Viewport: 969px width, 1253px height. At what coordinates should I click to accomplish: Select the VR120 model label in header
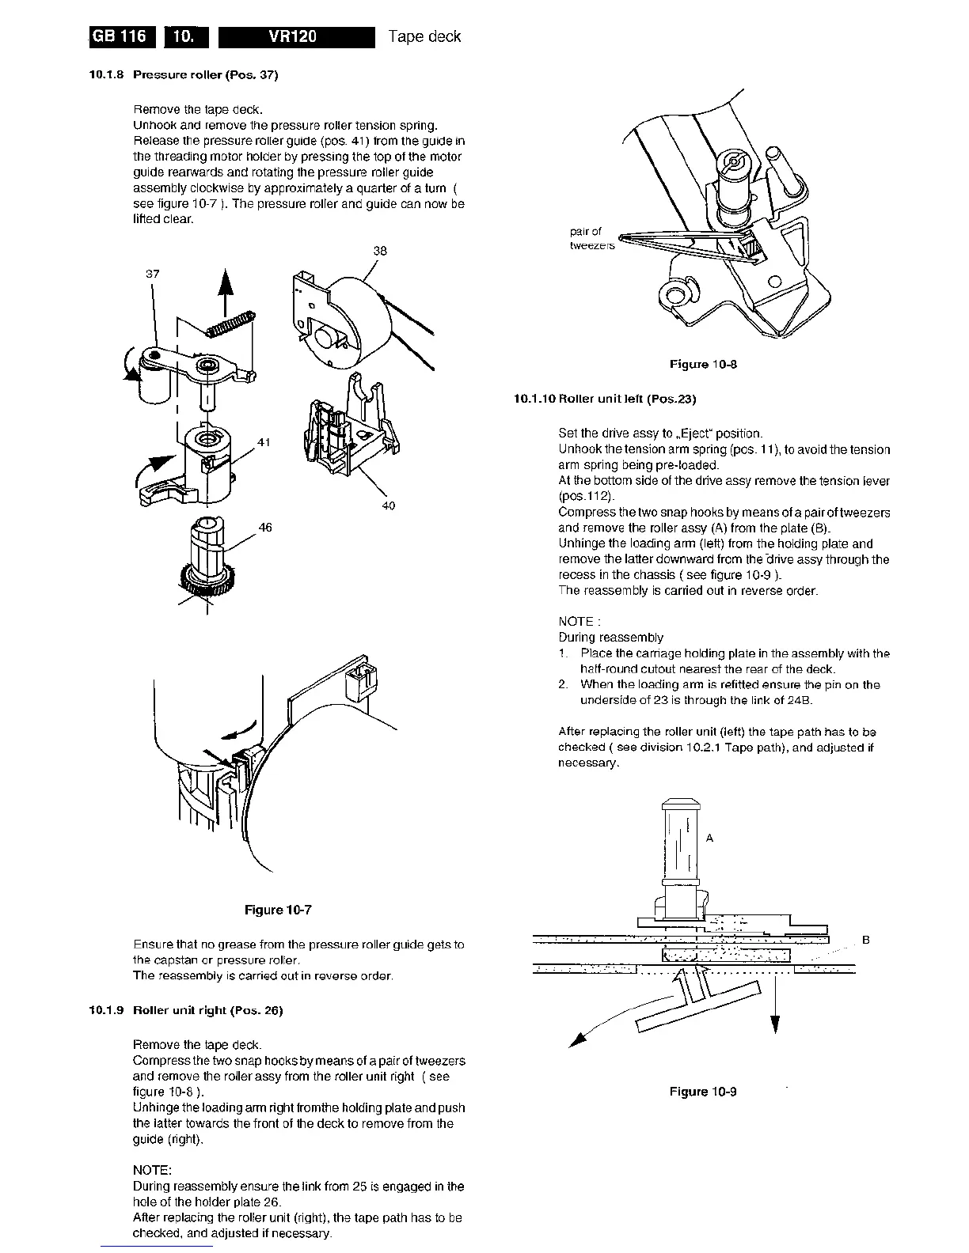point(295,36)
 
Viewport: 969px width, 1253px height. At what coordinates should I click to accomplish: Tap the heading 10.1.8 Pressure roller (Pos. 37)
point(183,75)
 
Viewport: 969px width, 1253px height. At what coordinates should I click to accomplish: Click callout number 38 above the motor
point(380,252)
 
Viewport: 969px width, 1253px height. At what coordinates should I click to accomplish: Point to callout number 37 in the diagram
point(153,274)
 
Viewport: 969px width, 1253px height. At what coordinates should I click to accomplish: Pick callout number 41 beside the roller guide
point(264,442)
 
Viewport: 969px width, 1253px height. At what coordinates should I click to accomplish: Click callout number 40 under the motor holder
point(388,505)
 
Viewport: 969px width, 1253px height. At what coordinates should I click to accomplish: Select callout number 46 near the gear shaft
point(265,528)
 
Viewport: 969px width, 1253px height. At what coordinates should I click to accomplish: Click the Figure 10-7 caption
point(278,910)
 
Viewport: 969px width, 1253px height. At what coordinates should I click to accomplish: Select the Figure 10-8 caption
point(703,365)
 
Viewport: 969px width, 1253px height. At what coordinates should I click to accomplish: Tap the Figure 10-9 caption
point(703,1092)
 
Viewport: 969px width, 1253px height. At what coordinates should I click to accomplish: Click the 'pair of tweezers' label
point(590,239)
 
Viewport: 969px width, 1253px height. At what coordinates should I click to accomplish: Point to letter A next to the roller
point(709,838)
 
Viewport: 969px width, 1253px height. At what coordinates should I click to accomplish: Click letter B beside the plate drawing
point(865,941)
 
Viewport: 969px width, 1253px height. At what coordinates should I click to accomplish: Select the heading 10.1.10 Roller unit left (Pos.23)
point(604,399)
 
